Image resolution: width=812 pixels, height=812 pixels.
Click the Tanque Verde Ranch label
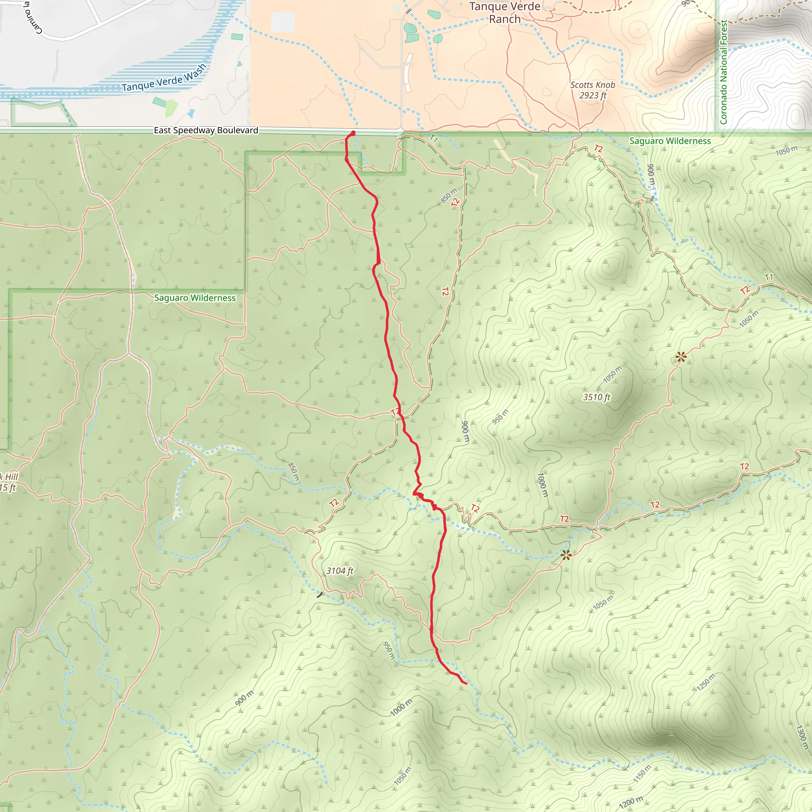[x=505, y=13]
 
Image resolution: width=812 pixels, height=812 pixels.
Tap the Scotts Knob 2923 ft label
[x=593, y=90]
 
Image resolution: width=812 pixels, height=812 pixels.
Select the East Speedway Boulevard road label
[x=206, y=130]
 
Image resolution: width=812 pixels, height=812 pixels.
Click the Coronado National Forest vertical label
[x=723, y=72]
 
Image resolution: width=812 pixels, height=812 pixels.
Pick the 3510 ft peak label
[x=596, y=397]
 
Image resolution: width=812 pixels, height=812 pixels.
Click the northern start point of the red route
[x=353, y=133]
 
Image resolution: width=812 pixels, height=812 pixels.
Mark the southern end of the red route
[x=467, y=684]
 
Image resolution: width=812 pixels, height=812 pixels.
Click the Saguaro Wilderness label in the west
[x=195, y=298]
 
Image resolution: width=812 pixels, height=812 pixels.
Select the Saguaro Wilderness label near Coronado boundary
[x=670, y=141]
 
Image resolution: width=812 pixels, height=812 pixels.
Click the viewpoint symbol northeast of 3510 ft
[x=681, y=357]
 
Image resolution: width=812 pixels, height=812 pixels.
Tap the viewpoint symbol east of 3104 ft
[x=566, y=555]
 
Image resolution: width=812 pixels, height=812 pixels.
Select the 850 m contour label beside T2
[x=448, y=196]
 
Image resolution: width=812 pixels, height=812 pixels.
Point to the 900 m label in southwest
[x=244, y=698]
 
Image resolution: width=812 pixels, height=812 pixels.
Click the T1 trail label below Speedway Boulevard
[x=434, y=139]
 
